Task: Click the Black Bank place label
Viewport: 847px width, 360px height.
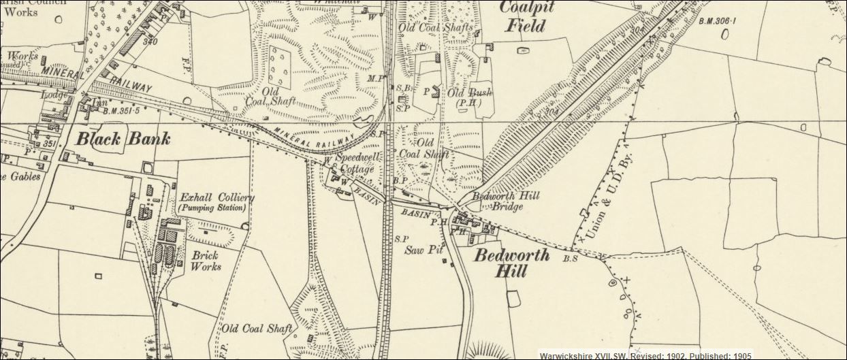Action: [x=123, y=139]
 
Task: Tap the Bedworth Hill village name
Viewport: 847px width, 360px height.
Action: [x=501, y=264]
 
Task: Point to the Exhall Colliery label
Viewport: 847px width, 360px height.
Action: [x=217, y=197]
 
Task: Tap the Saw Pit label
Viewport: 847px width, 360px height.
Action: [x=424, y=250]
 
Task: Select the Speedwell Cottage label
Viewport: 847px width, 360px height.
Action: [x=357, y=164]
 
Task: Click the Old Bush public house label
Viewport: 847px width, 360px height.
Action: [x=470, y=93]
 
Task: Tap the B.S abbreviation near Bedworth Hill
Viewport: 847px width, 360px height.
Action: [x=570, y=259]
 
